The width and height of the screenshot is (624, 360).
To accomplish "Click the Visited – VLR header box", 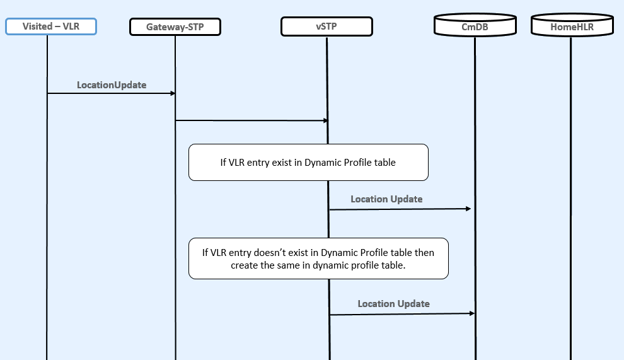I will pyautogui.click(x=50, y=26).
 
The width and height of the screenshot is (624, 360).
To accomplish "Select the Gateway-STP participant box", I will pyautogui.click(x=175, y=26).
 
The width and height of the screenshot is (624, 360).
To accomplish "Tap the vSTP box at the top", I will pyautogui.click(x=326, y=26).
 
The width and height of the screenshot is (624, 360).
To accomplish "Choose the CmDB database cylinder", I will pyautogui.click(x=474, y=26).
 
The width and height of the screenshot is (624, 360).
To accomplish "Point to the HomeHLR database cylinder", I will pyautogui.click(x=572, y=26).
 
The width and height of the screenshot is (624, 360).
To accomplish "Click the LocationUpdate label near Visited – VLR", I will pyautogui.click(x=112, y=84).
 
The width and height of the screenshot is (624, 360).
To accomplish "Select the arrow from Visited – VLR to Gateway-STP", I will pyautogui.click(x=110, y=93).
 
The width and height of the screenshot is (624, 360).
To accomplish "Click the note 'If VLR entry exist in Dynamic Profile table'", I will pyautogui.click(x=308, y=163).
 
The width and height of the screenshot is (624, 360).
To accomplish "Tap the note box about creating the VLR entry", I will pyautogui.click(x=318, y=258).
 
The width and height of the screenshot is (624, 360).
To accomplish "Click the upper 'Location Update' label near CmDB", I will pyautogui.click(x=386, y=199).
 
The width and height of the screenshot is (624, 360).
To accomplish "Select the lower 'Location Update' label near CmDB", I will pyautogui.click(x=393, y=304).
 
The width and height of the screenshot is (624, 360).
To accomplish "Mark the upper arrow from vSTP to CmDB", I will pyautogui.click(x=400, y=209).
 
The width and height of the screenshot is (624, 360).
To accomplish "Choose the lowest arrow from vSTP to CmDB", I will pyautogui.click(x=401, y=314).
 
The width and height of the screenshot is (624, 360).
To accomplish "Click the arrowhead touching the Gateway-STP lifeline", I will pyautogui.click(x=171, y=93).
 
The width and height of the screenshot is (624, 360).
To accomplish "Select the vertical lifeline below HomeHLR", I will pyautogui.click(x=571, y=189).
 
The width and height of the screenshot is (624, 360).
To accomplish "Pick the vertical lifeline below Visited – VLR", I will pyautogui.click(x=47, y=221).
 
